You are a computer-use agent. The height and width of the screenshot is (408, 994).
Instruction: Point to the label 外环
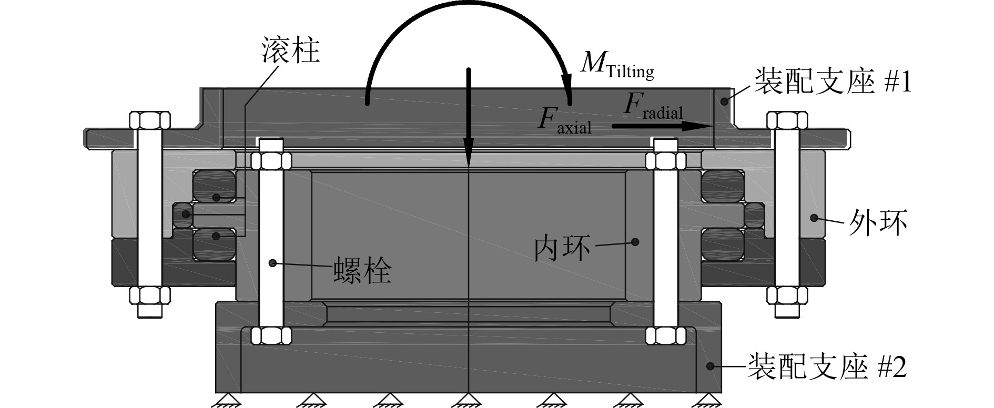click(878, 224)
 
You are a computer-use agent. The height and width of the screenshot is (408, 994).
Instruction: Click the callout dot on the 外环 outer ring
click(814, 217)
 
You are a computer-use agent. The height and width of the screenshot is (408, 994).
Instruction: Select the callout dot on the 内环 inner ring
click(635, 242)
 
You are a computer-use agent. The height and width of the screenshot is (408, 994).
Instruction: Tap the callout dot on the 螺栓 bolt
click(272, 262)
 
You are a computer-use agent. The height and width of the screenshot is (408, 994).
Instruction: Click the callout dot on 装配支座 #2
click(709, 366)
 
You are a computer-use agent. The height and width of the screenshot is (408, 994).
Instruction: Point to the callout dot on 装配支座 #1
click(725, 100)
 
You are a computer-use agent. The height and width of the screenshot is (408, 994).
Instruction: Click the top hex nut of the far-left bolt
click(149, 120)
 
